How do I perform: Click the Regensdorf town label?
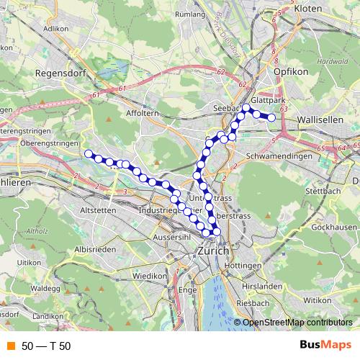click(x=58, y=73)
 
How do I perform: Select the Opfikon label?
click(x=290, y=73)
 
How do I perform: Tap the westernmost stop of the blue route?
click(x=89, y=153)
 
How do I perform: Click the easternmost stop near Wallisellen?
click(x=271, y=117)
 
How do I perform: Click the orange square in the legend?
click(x=9, y=346)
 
